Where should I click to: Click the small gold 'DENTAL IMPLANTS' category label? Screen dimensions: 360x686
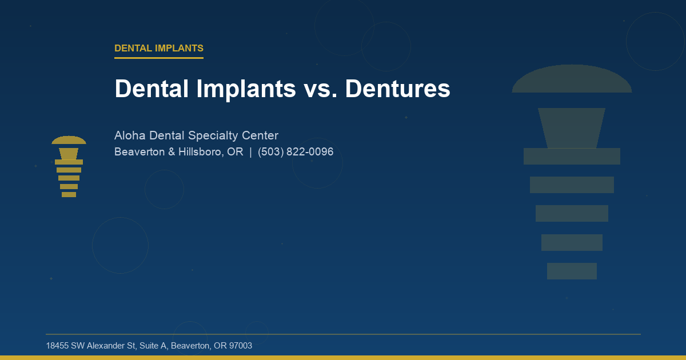pos(158,49)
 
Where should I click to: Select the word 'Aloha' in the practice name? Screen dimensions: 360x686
pos(130,135)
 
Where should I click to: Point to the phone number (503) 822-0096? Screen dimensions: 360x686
pos(296,152)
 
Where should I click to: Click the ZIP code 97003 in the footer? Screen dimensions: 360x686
pos(240,346)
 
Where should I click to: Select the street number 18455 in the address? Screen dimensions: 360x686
pos(57,346)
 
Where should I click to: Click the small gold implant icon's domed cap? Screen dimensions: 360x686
pos(69,141)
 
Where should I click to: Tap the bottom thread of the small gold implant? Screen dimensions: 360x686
pos(69,194)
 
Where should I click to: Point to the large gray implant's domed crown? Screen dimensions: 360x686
pos(572,80)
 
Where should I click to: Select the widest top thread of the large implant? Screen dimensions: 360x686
pos(572,156)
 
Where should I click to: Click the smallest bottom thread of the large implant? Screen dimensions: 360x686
pos(572,271)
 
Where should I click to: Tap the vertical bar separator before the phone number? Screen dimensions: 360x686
pos(250,152)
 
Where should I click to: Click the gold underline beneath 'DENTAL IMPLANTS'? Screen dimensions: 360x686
pos(158,58)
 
